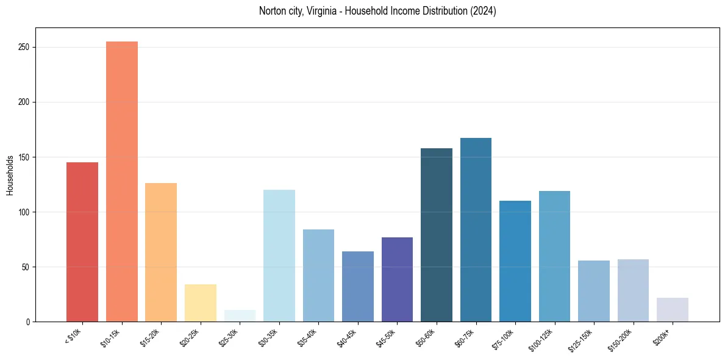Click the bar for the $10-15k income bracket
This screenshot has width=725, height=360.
pyautogui.click(x=122, y=181)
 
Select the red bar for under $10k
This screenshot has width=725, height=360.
pyautogui.click(x=82, y=242)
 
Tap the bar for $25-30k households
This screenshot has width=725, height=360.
pyautogui.click(x=240, y=316)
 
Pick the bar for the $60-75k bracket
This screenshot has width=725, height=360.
pyautogui.click(x=476, y=229)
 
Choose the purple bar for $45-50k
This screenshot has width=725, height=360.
pyautogui.click(x=397, y=279)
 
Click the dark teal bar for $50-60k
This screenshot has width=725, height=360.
pyautogui.click(x=437, y=235)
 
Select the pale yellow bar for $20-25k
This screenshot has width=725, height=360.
pyautogui.click(x=201, y=303)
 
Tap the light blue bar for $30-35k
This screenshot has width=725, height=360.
pyautogui.click(x=279, y=256)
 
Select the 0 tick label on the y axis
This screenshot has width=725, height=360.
pyautogui.click(x=29, y=322)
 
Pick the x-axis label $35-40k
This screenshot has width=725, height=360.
pyautogui.click(x=310, y=336)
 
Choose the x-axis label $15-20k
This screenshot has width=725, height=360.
pyautogui.click(x=153, y=336)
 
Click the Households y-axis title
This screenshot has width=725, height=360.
pyautogui.click(x=10, y=175)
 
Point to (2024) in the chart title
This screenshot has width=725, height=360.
pyautogui.click(x=483, y=11)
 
